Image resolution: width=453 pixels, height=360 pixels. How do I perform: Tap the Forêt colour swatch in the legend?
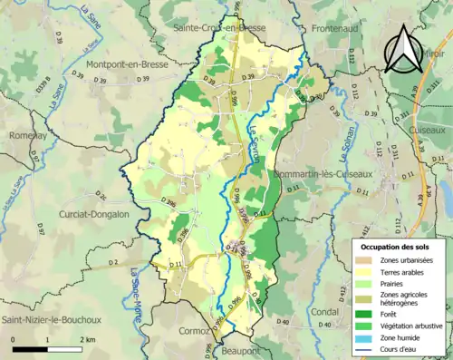click(367, 306)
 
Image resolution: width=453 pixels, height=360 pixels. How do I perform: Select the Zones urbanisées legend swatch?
click(367, 261)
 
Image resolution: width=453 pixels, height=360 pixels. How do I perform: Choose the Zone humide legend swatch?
click(367, 335)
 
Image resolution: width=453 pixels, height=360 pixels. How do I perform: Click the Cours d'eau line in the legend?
click(367, 349)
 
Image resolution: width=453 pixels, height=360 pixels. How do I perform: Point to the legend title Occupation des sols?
click(395, 247)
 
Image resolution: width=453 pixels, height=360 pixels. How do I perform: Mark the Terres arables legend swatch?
click(367, 276)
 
